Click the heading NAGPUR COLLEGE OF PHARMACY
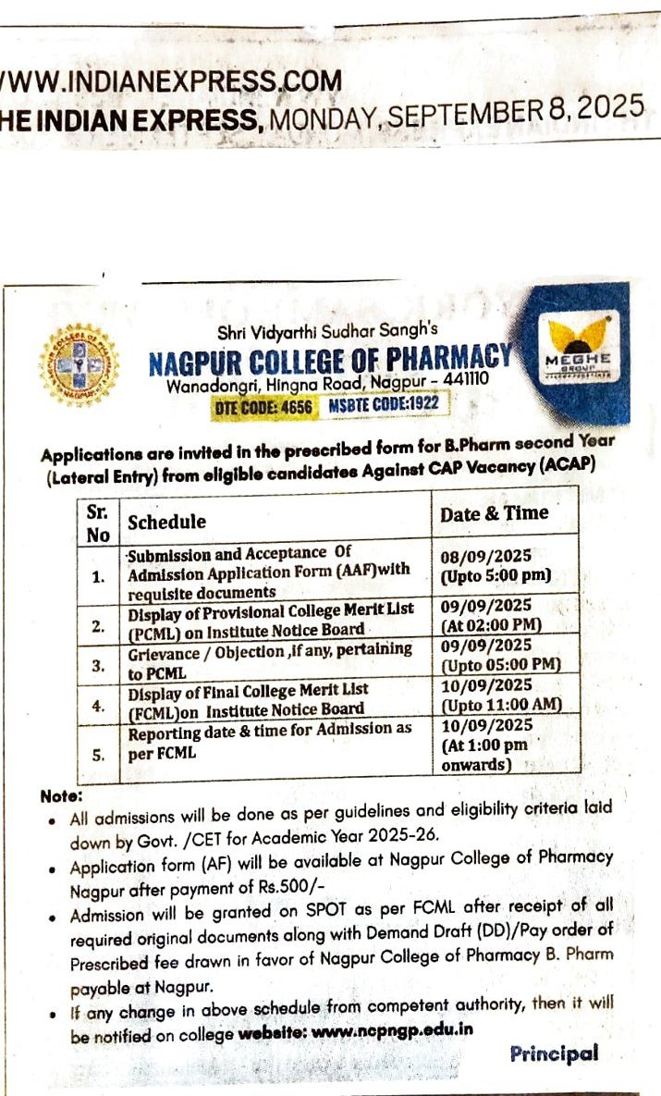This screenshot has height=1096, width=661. pyautogui.click(x=329, y=358)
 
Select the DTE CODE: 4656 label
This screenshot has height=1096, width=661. pyautogui.click(x=263, y=405)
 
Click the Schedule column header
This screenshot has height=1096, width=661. pyautogui.click(x=166, y=522)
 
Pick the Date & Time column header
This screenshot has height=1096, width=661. pyautogui.click(x=494, y=513)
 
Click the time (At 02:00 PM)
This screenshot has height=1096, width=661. pyautogui.click(x=490, y=624)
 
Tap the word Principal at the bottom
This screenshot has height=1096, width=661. pyautogui.click(x=554, y=1053)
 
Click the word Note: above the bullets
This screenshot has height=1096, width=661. pyautogui.click(x=61, y=795)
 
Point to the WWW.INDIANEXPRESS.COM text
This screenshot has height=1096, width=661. pyautogui.click(x=171, y=80)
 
